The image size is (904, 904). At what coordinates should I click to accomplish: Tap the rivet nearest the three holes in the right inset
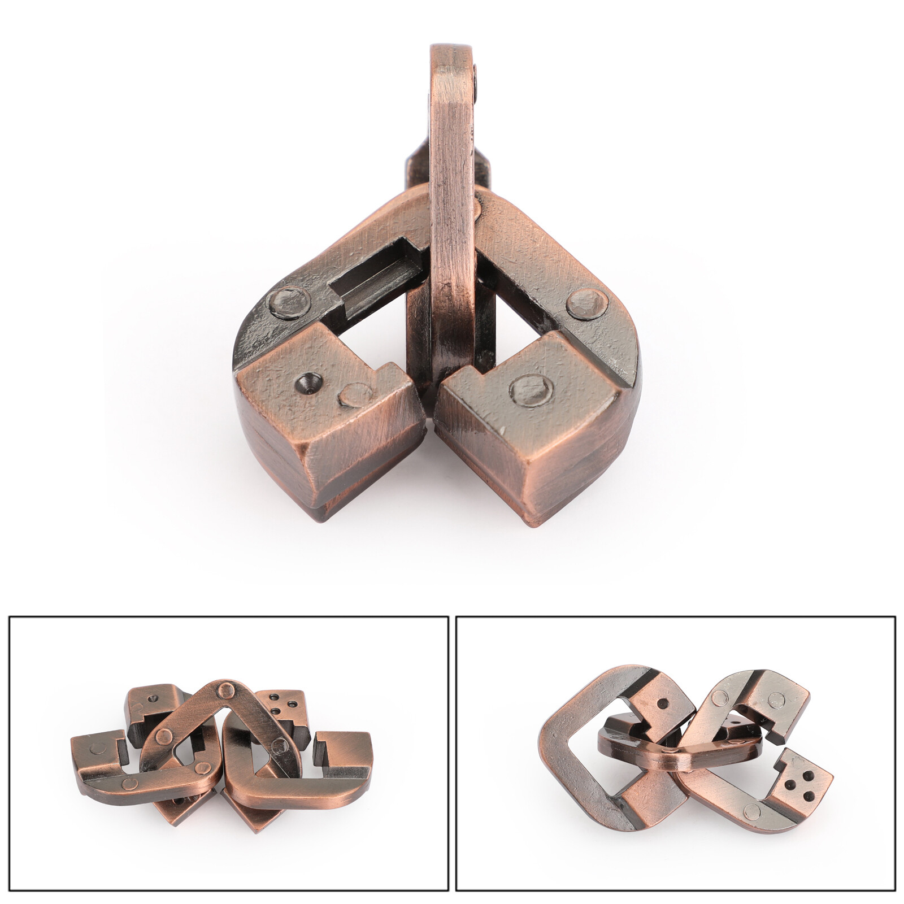click(x=751, y=812)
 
